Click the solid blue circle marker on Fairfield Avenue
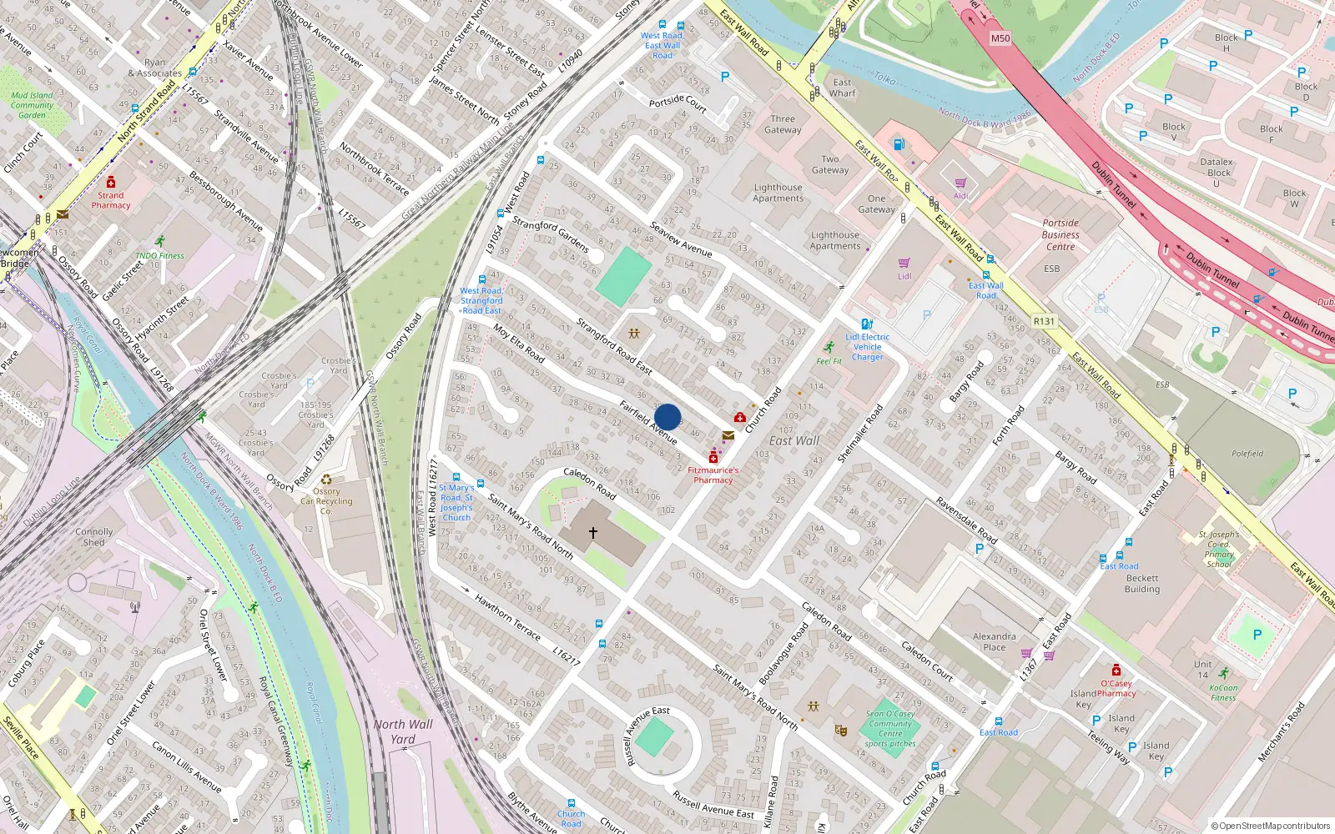click(x=667, y=417)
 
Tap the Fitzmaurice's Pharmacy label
click(x=713, y=475)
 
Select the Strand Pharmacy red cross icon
click(x=111, y=182)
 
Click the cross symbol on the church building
click(x=593, y=532)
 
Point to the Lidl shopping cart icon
click(x=904, y=264)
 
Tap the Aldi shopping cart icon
click(x=960, y=183)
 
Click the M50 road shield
click(x=1000, y=38)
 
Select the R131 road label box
click(x=1044, y=321)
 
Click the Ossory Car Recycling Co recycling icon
click(x=326, y=480)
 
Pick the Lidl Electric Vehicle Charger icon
click(x=867, y=324)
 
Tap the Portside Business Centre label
click(x=1060, y=235)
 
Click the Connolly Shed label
click(x=93, y=537)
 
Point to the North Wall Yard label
click(x=403, y=731)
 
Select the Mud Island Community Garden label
click(x=32, y=105)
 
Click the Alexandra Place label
click(x=995, y=641)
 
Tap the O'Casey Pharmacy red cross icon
click(x=1116, y=671)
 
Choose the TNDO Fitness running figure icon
click(x=159, y=242)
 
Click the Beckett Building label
click(x=1142, y=583)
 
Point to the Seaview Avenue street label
click(x=681, y=239)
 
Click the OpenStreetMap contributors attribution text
click(x=1271, y=826)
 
